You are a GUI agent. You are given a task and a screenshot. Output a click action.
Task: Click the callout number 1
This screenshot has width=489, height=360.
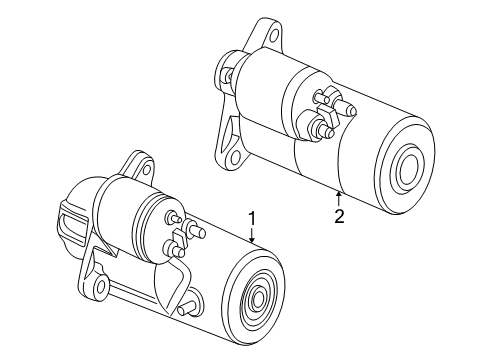[x=252, y=219]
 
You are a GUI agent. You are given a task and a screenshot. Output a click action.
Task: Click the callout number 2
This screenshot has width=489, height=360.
[x=339, y=217]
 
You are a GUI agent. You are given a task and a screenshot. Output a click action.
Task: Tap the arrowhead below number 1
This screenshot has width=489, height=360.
[x=252, y=239]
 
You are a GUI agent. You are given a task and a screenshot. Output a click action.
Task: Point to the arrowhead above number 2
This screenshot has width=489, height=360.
[x=339, y=194]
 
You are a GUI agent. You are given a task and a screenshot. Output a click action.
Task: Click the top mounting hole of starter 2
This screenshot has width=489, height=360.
[x=274, y=35]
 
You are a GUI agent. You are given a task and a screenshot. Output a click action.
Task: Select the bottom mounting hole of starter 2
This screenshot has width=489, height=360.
[x=236, y=156]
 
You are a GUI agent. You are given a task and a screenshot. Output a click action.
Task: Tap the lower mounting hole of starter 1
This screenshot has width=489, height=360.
[x=100, y=285]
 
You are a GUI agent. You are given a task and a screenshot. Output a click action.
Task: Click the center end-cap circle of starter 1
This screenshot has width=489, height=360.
[x=259, y=296]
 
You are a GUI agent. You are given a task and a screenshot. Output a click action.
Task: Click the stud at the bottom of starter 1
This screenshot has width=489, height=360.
[x=187, y=310]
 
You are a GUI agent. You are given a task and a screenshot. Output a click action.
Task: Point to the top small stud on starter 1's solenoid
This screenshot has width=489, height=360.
[x=173, y=217]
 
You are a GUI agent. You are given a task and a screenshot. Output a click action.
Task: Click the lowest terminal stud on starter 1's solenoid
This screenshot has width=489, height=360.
[x=175, y=249]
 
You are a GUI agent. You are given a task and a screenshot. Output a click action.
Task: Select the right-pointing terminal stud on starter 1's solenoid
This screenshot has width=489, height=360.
[x=196, y=230]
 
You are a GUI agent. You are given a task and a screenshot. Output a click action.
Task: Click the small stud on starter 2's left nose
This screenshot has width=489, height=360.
[x=227, y=74]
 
